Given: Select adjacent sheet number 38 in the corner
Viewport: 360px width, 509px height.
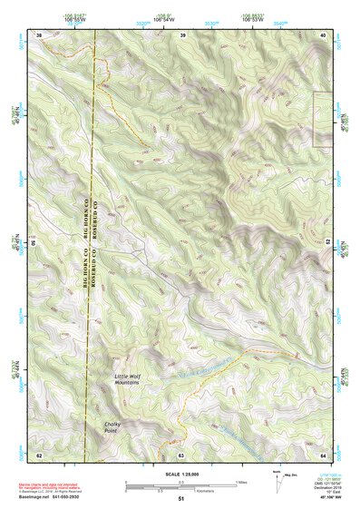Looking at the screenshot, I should pos(39,35).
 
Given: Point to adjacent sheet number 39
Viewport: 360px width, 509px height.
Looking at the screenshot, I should pos(182,35).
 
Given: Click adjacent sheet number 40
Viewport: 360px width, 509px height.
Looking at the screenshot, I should pos(322,35).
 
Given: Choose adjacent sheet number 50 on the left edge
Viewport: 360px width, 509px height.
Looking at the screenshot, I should pos(34,243).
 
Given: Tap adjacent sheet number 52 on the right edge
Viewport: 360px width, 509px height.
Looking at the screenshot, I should pos(326,243).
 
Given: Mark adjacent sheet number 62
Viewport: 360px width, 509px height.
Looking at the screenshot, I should pos(39,454).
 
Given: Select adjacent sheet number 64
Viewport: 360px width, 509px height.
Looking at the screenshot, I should pos(322,454).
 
